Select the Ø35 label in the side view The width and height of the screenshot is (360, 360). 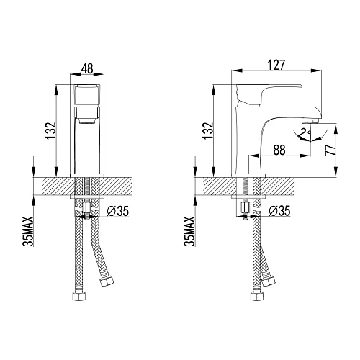[x=279, y=210]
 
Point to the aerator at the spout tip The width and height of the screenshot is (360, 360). [x=311, y=120]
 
